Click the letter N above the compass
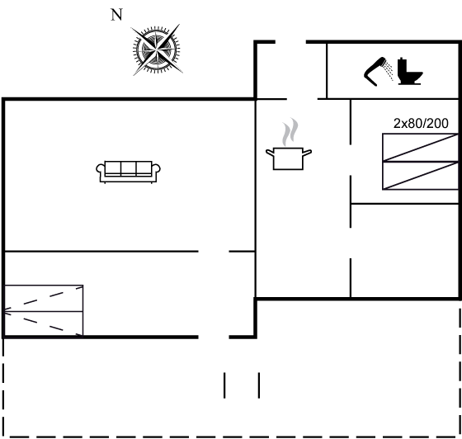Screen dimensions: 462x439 [x=116, y=15]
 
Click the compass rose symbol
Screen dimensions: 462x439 [x=156, y=50]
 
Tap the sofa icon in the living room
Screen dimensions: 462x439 [x=128, y=172]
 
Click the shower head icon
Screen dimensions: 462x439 [x=375, y=72]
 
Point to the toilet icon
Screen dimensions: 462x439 [x=410, y=71]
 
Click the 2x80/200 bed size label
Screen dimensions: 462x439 [x=421, y=124]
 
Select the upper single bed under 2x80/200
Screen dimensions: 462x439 [x=420, y=148]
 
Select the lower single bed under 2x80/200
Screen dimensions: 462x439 [x=420, y=176]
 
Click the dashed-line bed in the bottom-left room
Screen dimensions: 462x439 [x=44, y=310]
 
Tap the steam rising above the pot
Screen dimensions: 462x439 [x=290, y=132]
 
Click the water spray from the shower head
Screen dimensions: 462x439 [x=389, y=70]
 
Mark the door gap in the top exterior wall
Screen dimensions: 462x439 [x=290, y=42]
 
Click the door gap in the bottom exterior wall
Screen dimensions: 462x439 [x=214, y=337]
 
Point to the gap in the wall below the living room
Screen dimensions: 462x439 [x=214, y=252]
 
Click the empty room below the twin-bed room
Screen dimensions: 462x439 [x=405, y=250]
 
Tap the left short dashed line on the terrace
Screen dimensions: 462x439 [x=224, y=385]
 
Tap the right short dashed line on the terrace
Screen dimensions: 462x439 [x=259, y=385]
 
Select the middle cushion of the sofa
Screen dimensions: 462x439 [x=128, y=168]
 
